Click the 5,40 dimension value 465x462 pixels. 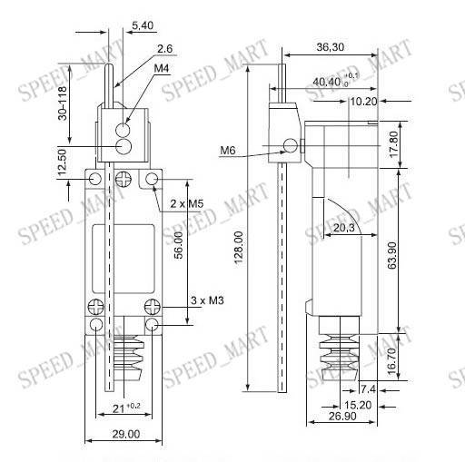(x=143, y=27)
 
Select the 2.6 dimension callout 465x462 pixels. (x=164, y=49)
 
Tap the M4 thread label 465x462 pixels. (x=160, y=69)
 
